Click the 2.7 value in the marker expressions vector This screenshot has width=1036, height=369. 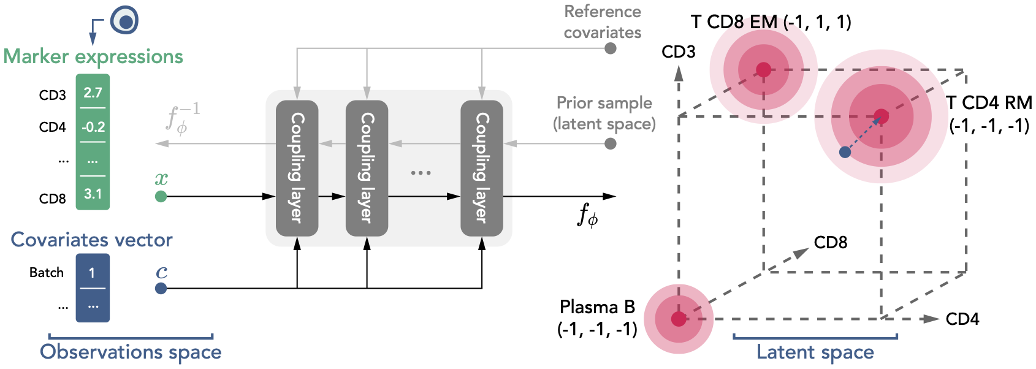tap(93, 93)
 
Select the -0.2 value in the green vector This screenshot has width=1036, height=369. tap(93, 127)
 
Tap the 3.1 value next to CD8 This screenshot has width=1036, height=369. tap(93, 194)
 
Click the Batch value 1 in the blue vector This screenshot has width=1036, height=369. tap(92, 273)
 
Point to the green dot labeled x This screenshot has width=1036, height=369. tap(161, 196)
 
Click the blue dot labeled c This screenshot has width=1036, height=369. tap(161, 288)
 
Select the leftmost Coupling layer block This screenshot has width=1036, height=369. tap(297, 168)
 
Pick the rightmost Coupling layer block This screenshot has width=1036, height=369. tap(482, 168)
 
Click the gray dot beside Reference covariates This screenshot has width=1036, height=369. tap(611, 48)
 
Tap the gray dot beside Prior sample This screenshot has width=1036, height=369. tap(611, 143)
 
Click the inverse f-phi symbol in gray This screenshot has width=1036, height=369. tap(182, 118)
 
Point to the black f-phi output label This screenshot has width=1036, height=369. tap(587, 215)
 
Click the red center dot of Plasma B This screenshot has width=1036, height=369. tap(679, 319)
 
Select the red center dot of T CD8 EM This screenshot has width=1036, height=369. tap(763, 70)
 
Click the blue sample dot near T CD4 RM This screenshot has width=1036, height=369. tap(845, 152)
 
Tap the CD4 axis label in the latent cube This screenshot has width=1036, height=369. tap(962, 319)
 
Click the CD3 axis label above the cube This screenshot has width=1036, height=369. tap(679, 52)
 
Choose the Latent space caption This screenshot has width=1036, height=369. tap(815, 352)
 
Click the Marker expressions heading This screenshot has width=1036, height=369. tap(93, 56)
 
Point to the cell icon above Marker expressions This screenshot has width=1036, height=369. tap(125, 21)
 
